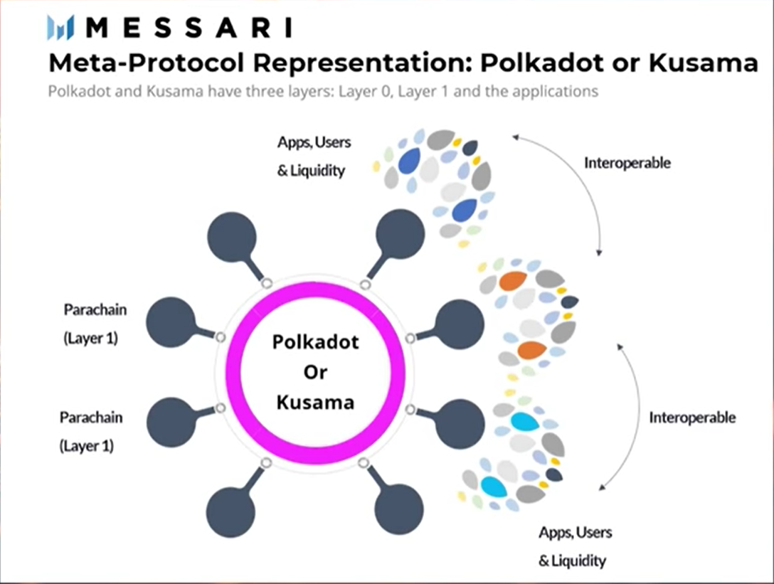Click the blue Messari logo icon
click(60, 28)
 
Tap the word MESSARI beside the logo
click(189, 28)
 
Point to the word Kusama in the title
click(703, 62)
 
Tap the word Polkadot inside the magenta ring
click(315, 341)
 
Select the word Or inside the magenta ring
click(315, 372)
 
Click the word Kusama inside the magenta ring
click(315, 402)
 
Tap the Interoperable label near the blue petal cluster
click(627, 163)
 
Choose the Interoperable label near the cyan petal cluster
click(692, 418)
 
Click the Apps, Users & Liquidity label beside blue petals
click(314, 156)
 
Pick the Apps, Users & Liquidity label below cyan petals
click(575, 546)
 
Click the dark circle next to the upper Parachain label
click(171, 322)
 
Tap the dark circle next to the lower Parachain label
click(171, 423)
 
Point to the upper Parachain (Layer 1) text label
click(95, 324)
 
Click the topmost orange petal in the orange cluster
click(513, 281)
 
